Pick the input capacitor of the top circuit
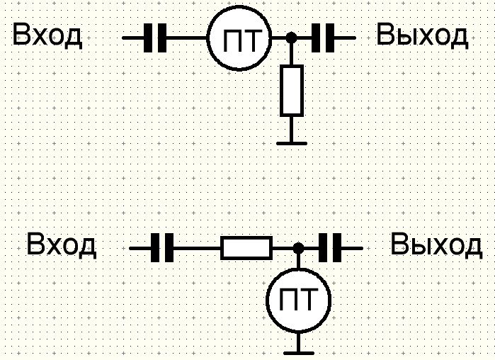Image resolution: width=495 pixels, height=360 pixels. tap(155, 38)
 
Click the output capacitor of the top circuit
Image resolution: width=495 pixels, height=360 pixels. tap(323, 38)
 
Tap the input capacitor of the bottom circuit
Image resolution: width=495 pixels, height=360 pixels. tap(162, 248)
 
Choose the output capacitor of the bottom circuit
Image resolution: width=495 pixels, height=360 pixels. tap(330, 248)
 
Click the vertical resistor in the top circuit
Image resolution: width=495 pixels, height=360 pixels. tap(292, 91)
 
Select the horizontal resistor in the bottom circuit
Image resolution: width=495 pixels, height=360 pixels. tap(246, 248)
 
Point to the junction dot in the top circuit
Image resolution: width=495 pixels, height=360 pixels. tap(291, 38)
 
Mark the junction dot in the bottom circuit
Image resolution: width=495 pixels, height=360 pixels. tap(299, 248)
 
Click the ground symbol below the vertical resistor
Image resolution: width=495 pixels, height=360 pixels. tap(292, 143)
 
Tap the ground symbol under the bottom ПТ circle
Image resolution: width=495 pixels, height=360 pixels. tap(299, 354)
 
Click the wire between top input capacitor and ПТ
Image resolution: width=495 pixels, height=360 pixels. tap(186, 38)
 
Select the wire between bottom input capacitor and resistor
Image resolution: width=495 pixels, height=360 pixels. tap(197, 248)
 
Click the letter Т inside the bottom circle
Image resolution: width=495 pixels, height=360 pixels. tap(307, 299)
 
